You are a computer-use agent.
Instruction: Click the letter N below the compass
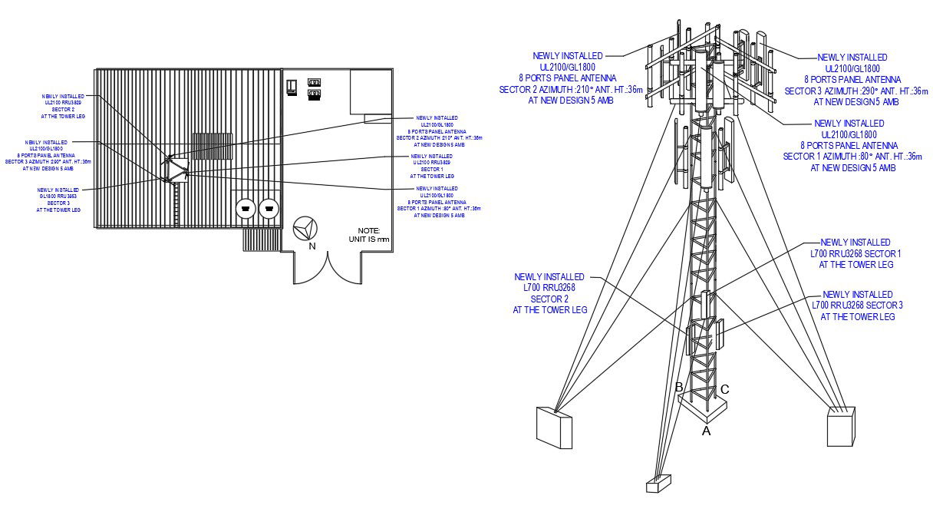(312, 246)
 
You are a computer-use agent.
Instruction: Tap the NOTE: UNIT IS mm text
(374, 235)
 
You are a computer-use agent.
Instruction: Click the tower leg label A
(707, 431)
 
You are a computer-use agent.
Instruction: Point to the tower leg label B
(678, 388)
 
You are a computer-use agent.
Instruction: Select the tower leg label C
(724, 389)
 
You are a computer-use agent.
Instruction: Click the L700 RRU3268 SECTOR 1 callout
(856, 253)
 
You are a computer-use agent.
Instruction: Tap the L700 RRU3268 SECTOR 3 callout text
(857, 306)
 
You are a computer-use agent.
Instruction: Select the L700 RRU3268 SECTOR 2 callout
(549, 293)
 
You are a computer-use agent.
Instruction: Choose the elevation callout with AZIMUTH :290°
(852, 79)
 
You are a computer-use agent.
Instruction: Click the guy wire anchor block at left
(554, 427)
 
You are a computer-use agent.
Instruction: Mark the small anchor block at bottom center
(659, 484)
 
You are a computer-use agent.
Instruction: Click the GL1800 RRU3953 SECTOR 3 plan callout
(58, 200)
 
